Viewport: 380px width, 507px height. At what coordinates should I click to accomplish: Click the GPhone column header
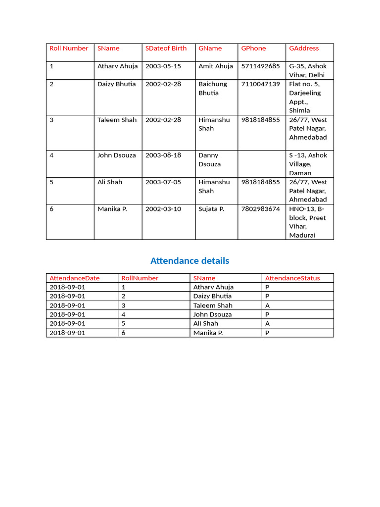pyautogui.click(x=253, y=49)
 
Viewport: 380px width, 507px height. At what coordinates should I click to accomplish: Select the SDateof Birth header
pyautogui.click(x=166, y=49)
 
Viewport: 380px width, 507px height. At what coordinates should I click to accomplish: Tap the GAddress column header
pyautogui.click(x=304, y=49)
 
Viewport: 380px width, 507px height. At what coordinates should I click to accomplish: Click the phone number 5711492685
pyautogui.click(x=260, y=66)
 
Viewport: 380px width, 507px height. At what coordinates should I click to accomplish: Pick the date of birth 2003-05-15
pyautogui.click(x=163, y=66)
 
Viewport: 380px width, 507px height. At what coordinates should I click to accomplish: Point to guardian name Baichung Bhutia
pyautogui.click(x=213, y=89)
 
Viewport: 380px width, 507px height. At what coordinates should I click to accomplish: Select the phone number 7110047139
pyautogui.click(x=260, y=84)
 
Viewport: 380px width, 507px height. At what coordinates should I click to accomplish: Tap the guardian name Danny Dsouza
pyautogui.click(x=210, y=160)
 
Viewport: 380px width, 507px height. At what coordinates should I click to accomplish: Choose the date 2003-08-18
pyautogui.click(x=163, y=155)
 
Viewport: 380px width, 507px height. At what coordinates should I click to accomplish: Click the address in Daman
pyautogui.click(x=308, y=164)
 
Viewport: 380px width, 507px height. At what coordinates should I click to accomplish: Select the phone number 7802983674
pyautogui.click(x=260, y=209)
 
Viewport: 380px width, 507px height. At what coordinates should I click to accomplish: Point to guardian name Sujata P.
pyautogui.click(x=211, y=209)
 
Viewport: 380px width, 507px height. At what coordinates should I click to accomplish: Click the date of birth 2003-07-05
pyautogui.click(x=163, y=182)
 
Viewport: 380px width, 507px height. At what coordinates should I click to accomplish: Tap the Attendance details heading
pyautogui.click(x=190, y=261)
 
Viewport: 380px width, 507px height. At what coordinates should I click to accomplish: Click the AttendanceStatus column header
pyautogui.click(x=292, y=278)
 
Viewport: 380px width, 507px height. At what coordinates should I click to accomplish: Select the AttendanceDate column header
pyautogui.click(x=74, y=278)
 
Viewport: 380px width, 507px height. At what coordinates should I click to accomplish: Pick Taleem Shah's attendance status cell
pyautogui.click(x=268, y=305)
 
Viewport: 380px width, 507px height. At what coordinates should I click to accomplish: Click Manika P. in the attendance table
pyautogui.click(x=208, y=333)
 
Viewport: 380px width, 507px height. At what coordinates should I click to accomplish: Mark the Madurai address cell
pyautogui.click(x=308, y=222)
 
